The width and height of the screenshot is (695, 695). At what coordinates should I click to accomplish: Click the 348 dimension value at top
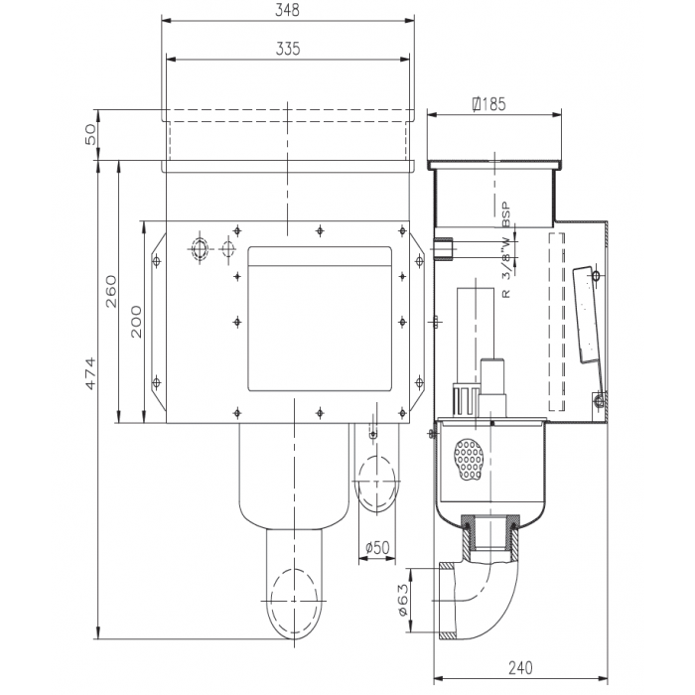tap(286, 11)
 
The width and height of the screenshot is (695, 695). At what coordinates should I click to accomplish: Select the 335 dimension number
tap(286, 48)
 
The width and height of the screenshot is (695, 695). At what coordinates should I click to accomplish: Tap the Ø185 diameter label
tap(490, 102)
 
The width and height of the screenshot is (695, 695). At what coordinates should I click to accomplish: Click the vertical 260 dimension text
tap(111, 293)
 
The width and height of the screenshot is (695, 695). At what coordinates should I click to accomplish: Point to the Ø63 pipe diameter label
tap(404, 600)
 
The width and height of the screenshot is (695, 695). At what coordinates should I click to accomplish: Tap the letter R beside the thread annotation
tap(505, 295)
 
